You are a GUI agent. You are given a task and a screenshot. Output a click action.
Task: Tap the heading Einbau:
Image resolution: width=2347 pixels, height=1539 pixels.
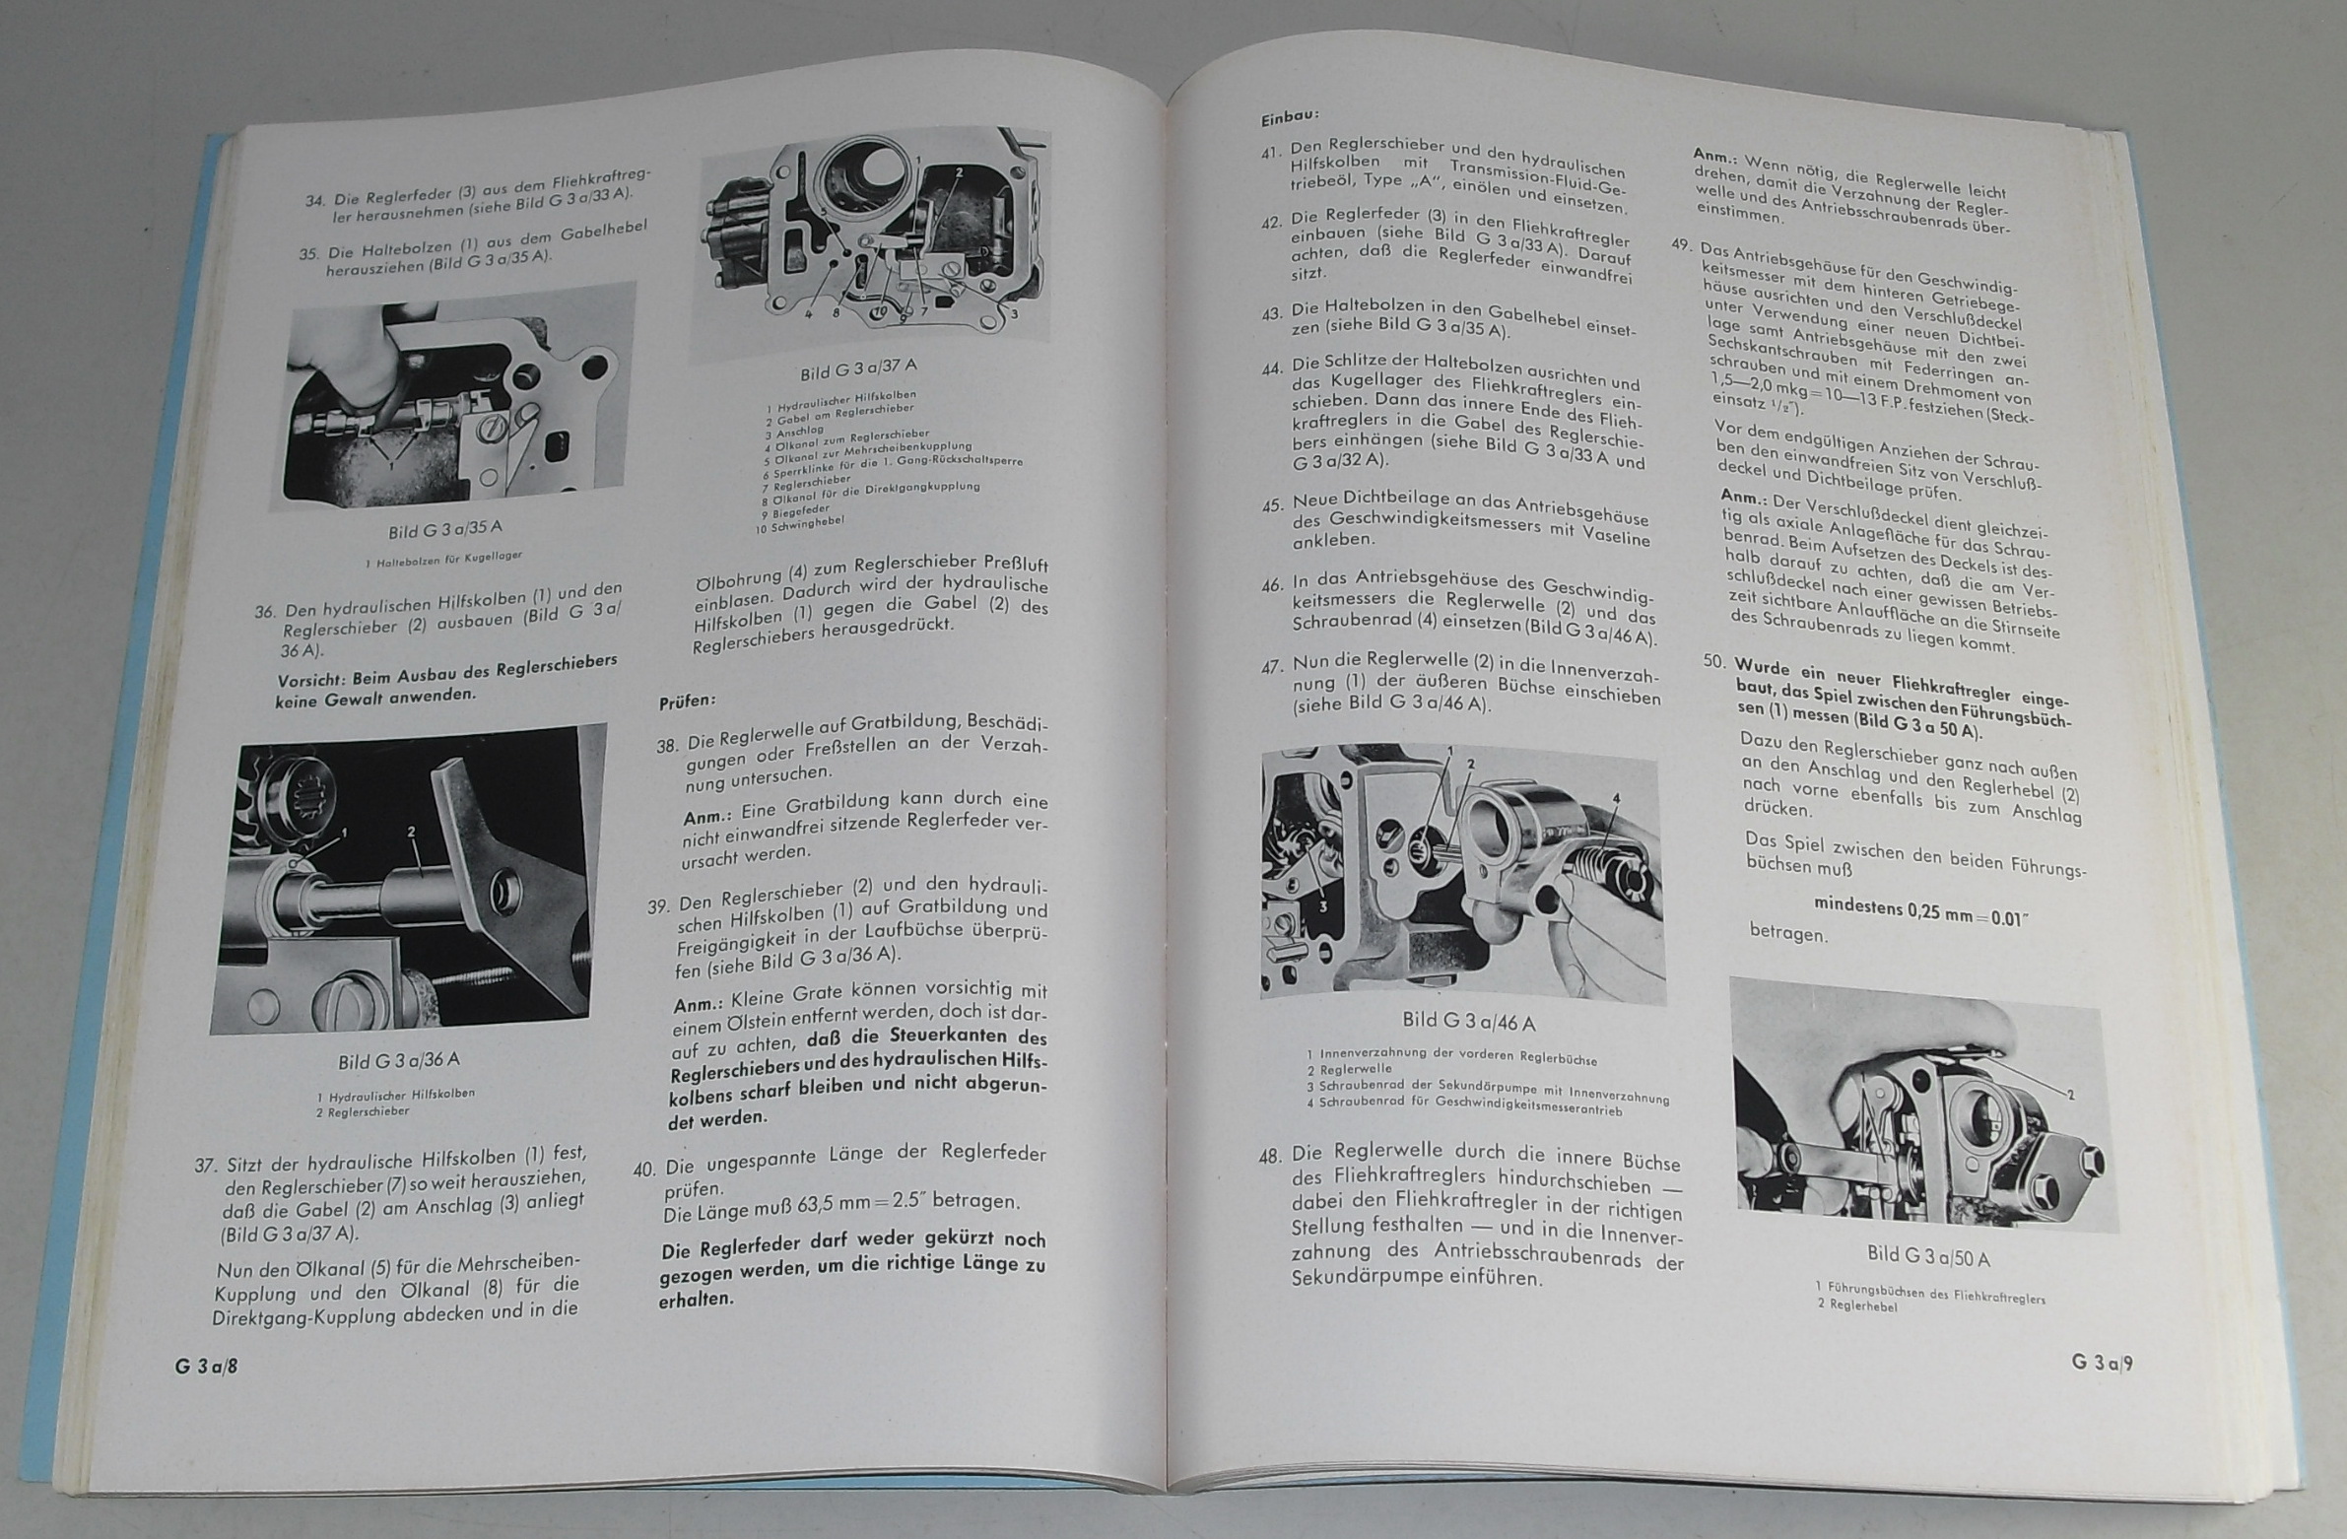1289,118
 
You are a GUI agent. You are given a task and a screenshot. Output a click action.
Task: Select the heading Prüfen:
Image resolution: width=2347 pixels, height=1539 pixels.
688,701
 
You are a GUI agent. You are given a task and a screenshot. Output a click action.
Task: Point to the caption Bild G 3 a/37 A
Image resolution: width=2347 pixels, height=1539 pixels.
858,369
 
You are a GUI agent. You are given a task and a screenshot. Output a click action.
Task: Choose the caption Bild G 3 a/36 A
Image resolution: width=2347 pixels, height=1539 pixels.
398,1061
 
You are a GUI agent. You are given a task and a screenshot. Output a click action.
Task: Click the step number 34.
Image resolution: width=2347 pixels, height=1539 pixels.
315,201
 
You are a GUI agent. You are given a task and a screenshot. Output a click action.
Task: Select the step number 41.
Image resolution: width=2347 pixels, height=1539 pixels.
1270,155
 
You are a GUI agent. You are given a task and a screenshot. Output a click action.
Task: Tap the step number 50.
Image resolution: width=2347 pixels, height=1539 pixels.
1714,661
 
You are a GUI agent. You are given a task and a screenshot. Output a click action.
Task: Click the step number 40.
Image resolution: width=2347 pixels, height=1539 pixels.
644,1171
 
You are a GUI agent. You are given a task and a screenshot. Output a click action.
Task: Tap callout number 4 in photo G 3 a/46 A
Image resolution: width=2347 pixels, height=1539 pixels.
1616,798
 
